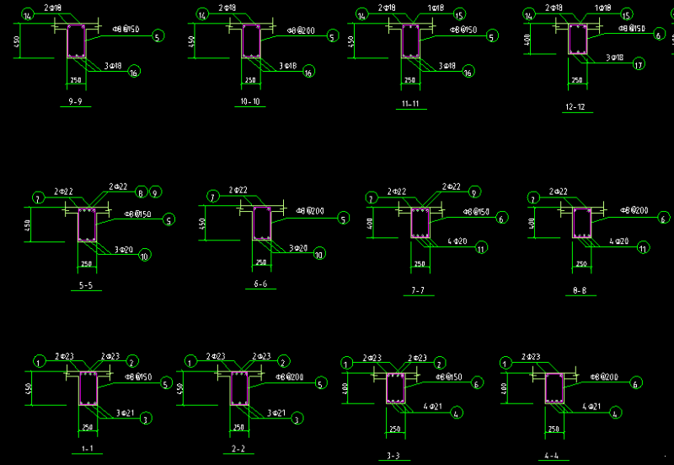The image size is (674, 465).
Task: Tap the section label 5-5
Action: click(x=85, y=285)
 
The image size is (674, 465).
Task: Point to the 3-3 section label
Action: click(x=393, y=456)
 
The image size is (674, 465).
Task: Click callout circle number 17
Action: click(x=638, y=64)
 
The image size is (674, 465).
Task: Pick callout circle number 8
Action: click(x=142, y=192)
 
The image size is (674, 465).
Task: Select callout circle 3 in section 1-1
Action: click(x=144, y=419)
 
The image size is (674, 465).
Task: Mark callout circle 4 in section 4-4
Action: click(x=616, y=413)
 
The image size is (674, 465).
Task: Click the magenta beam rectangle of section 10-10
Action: click(x=250, y=41)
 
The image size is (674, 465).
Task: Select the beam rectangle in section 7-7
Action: click(x=420, y=224)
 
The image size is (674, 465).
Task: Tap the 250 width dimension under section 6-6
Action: click(x=260, y=264)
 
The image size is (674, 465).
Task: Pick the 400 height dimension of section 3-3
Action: click(x=347, y=389)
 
